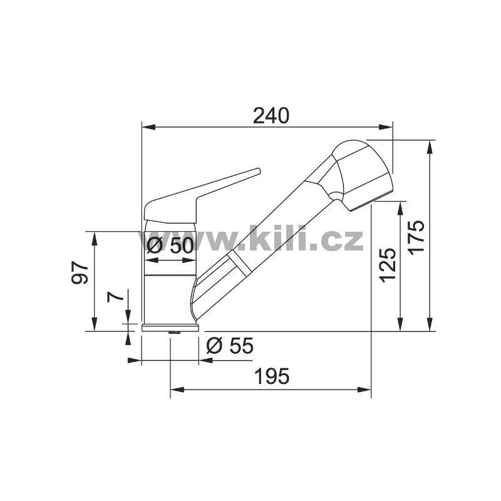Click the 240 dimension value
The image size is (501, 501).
click(271, 116)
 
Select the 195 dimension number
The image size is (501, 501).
click(272, 376)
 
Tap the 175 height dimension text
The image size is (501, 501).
click(416, 237)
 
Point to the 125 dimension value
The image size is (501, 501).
click(388, 265)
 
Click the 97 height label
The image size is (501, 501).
click(80, 272)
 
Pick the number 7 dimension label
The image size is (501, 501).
click(116, 297)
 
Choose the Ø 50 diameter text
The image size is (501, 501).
click(170, 246)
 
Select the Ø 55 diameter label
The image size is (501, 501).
click(230, 346)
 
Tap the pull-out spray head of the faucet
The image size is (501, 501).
click(363, 174)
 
